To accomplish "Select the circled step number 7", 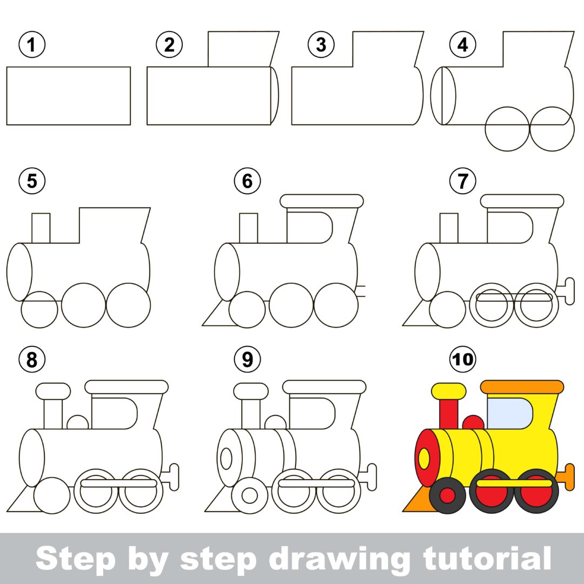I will [463, 182].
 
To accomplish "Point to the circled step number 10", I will [463, 360].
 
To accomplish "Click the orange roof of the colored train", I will [522, 387].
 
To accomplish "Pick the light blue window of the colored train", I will [508, 413].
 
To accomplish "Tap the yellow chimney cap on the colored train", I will [449, 390].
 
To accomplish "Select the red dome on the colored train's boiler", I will [474, 423].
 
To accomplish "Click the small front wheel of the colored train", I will [447, 495].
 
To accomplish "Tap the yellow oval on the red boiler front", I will [424, 459].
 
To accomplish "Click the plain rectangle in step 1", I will [69, 96].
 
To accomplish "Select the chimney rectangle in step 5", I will [41, 228].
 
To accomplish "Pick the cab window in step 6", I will [308, 227].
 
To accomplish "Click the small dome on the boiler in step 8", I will [77, 423].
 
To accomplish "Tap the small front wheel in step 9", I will [249, 495].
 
